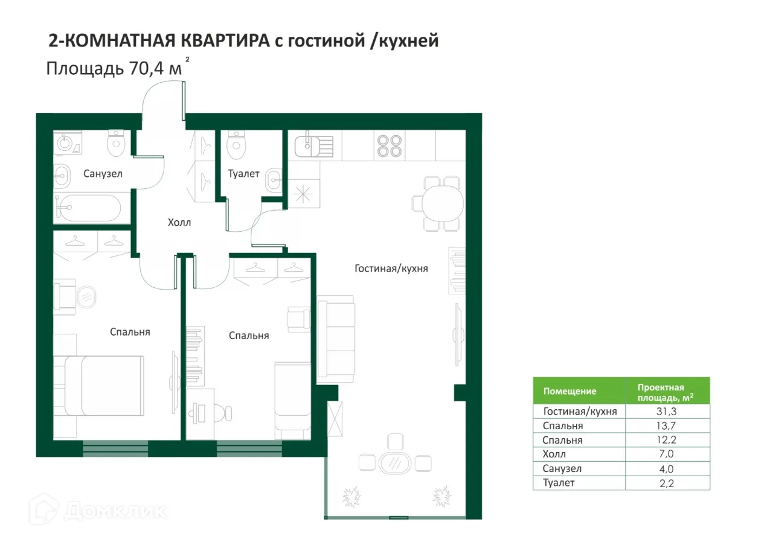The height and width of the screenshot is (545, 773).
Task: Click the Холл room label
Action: click(179, 223)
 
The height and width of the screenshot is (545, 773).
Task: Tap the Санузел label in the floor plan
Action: click(103, 174)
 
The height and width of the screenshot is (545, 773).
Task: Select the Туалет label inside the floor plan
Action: click(243, 174)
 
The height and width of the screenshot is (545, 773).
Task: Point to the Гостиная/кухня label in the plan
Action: click(391, 269)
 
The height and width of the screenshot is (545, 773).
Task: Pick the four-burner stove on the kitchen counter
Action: click(389, 145)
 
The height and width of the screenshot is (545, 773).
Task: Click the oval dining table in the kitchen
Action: click(441, 204)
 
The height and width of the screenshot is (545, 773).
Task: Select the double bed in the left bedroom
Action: click(104, 386)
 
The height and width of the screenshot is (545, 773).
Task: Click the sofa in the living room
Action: click(336, 339)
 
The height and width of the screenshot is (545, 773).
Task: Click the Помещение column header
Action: click(569, 391)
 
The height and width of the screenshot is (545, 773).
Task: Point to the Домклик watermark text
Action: click(115, 511)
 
